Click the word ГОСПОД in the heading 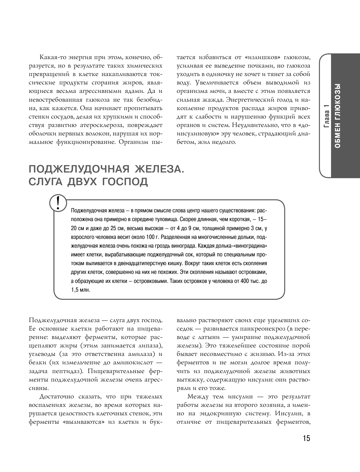[x=125, y=182]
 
